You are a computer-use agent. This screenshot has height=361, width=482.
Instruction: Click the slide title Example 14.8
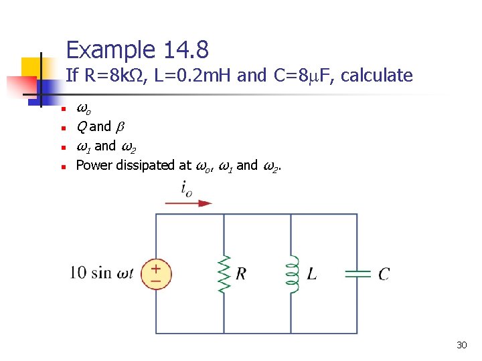(137, 49)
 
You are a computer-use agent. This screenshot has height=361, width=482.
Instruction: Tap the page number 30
(461, 345)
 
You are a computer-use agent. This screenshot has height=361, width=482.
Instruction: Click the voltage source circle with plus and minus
(156, 274)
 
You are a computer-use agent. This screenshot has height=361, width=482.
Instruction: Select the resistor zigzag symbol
(223, 274)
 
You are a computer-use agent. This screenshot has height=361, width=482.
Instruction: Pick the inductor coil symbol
(292, 274)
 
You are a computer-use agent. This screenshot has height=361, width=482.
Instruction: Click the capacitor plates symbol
(357, 273)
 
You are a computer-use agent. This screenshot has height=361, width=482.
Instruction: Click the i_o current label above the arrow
(187, 188)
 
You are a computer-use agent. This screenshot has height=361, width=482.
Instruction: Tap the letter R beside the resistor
(241, 274)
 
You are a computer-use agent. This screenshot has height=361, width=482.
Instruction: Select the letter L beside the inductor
(311, 274)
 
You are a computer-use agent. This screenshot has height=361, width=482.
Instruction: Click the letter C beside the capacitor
(384, 274)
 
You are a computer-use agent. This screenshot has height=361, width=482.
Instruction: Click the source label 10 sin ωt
(102, 273)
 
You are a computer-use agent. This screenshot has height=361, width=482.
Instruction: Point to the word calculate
(377, 76)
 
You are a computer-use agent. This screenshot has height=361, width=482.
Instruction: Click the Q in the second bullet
(81, 127)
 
